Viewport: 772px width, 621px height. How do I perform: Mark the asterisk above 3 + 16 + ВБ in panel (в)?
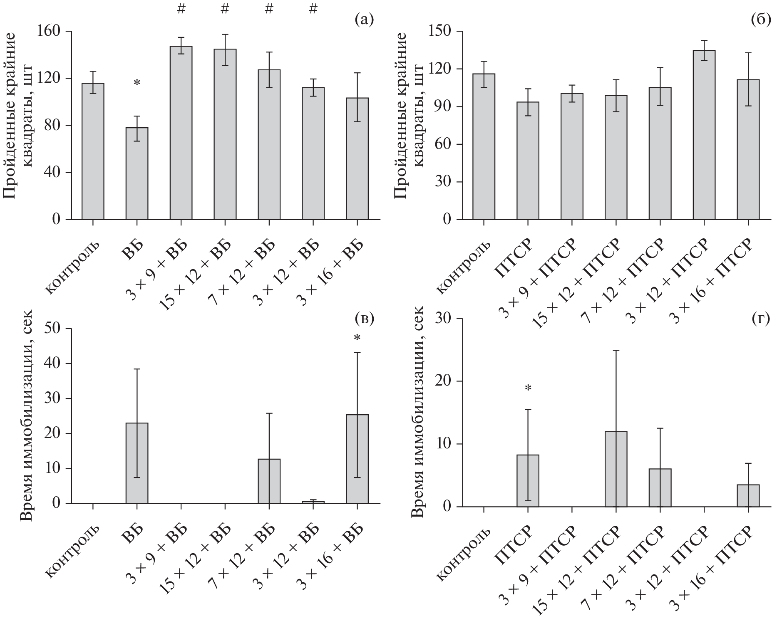click(357, 338)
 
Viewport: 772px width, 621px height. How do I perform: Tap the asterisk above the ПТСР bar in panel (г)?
click(528, 388)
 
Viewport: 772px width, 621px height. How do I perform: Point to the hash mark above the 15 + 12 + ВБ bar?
click(225, 9)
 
